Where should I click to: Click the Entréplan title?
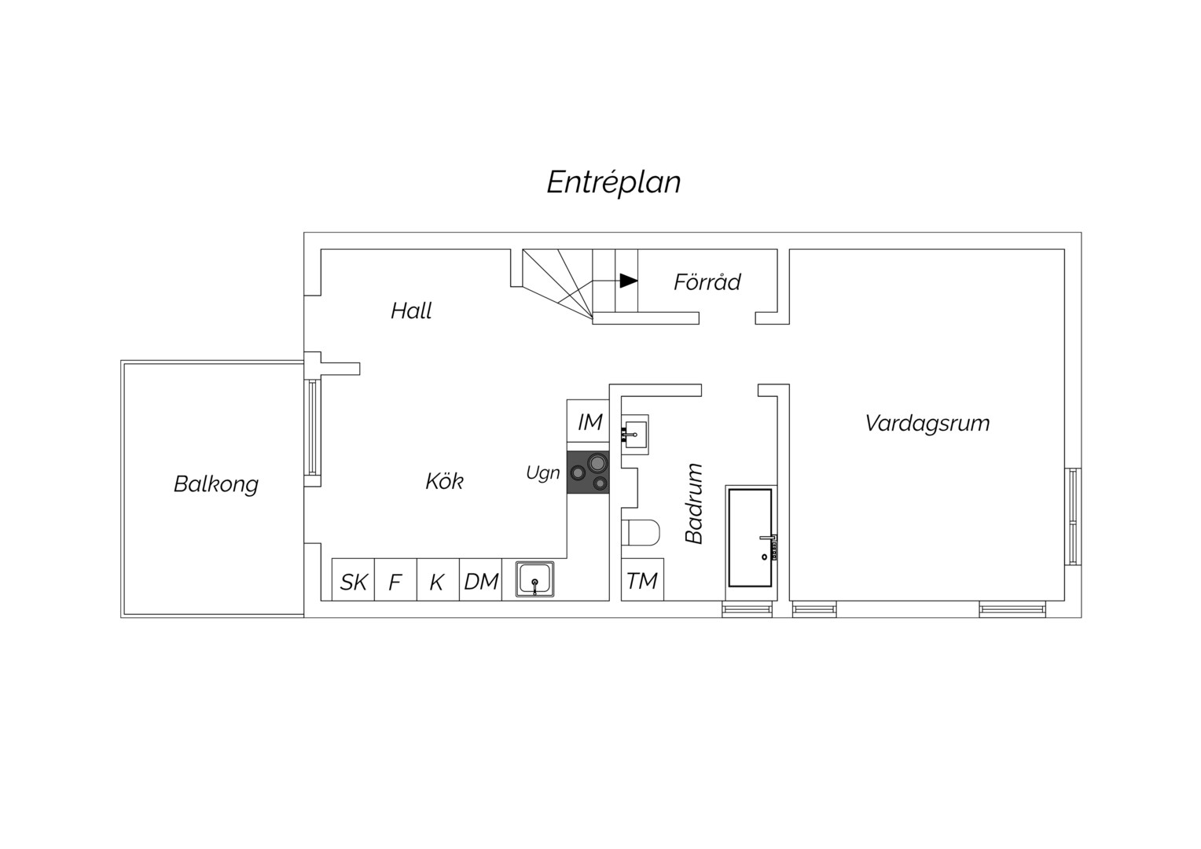614,182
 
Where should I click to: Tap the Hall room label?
411,311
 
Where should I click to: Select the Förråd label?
707,281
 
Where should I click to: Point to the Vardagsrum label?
927,424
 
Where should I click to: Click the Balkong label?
216,484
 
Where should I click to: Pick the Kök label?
444,480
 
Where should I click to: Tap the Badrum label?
694,504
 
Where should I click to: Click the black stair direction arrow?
628,281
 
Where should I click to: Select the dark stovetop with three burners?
588,472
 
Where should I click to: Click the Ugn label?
542,473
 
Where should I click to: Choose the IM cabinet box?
588,421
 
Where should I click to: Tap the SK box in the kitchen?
353,580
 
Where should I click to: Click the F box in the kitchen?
395,580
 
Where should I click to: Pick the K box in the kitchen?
438,580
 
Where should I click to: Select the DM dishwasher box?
480,580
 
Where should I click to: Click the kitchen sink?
534,579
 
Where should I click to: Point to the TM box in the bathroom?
642,580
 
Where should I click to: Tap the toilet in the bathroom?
641,532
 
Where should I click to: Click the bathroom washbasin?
635,435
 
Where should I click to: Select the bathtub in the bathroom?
750,538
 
